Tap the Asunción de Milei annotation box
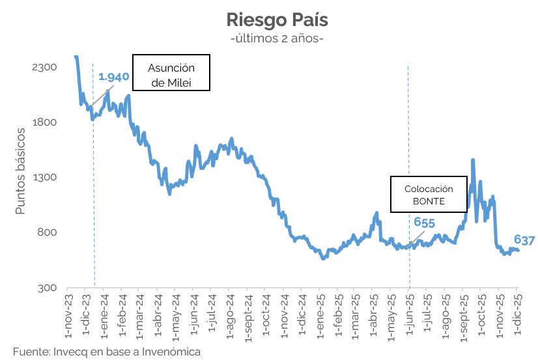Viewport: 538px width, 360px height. coord(171,72)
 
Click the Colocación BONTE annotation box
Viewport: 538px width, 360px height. coord(429,194)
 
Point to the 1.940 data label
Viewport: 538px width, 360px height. coord(114,77)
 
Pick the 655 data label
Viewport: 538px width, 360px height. coord(424,223)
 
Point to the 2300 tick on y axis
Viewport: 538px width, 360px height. coord(45,67)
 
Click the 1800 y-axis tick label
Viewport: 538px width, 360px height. coord(45,122)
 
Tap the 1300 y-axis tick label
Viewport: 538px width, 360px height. coord(45,178)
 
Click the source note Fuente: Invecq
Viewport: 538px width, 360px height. coord(106,352)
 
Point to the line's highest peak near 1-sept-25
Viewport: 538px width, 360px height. coord(472,160)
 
